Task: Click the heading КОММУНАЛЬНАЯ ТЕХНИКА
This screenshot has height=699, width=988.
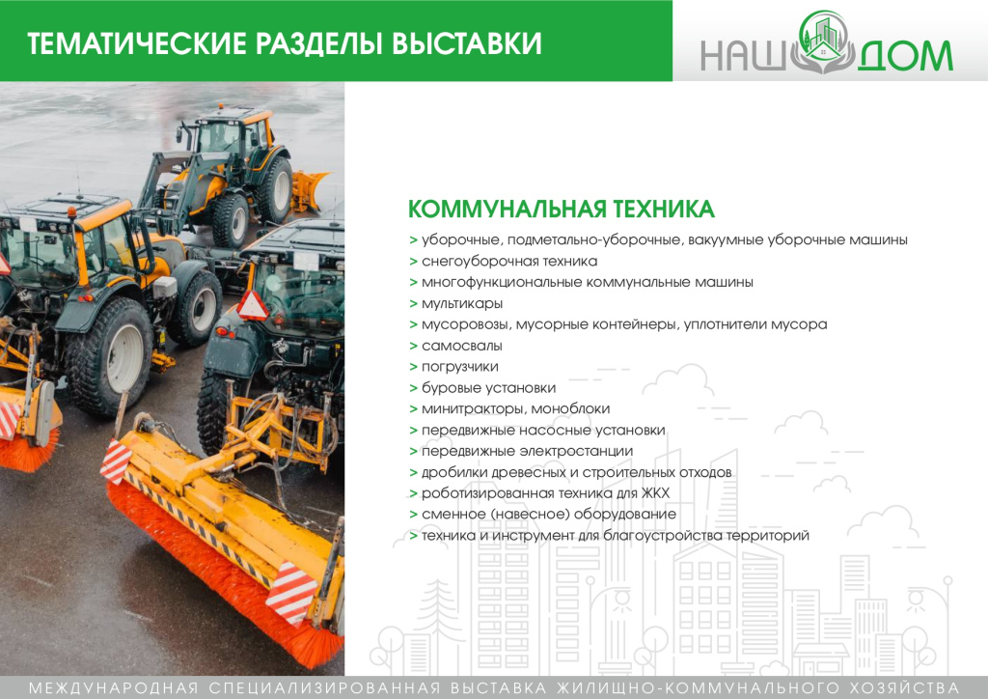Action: [x=562, y=210]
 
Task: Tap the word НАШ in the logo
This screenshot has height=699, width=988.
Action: [x=743, y=56]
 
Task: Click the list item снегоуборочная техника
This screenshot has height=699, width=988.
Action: [x=509, y=262]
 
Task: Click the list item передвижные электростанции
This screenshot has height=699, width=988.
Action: [x=527, y=451]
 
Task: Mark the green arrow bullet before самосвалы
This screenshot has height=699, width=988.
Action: [x=413, y=346]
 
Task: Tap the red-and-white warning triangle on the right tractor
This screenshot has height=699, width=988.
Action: [x=253, y=304]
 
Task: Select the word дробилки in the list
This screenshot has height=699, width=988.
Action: [x=451, y=472]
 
